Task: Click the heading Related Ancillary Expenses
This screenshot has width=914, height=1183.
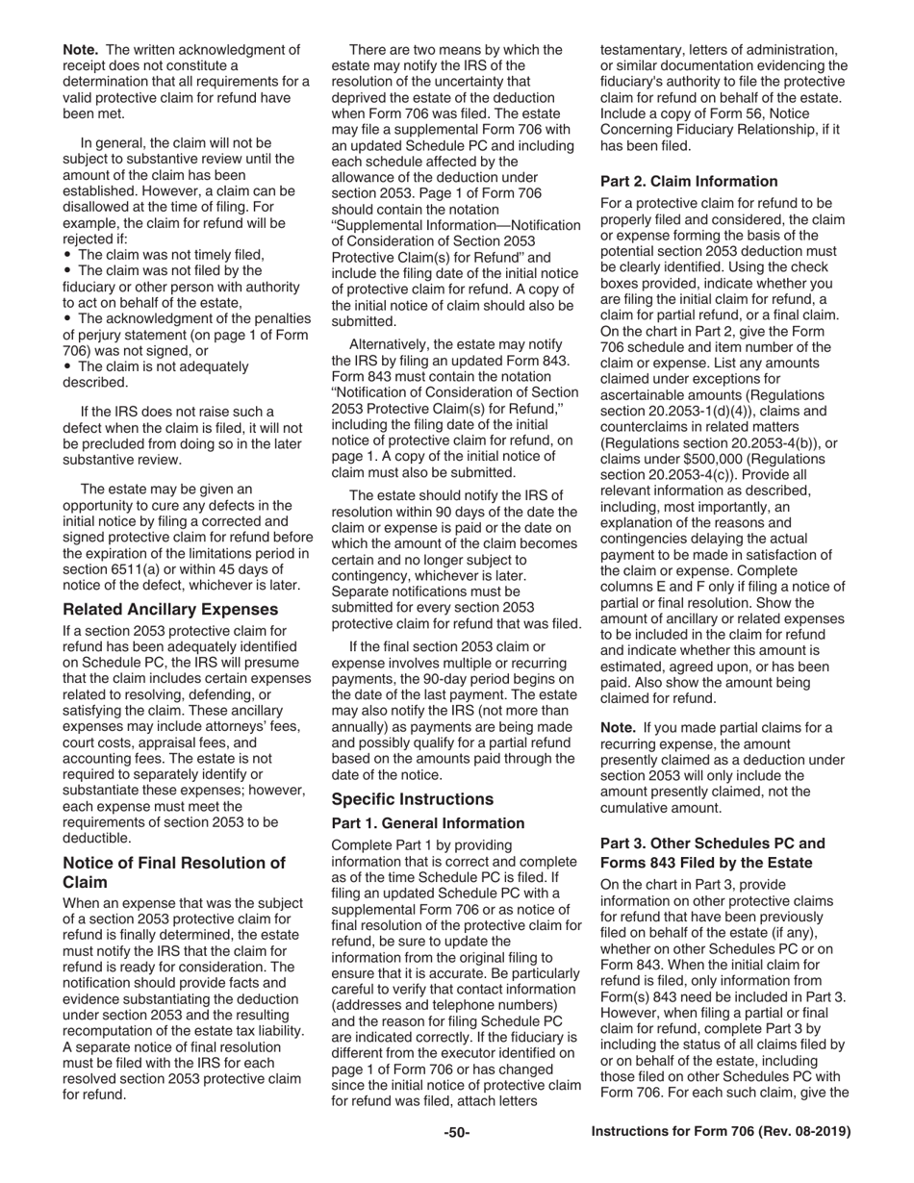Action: (170, 609)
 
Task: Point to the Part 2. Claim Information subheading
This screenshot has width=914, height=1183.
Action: (689, 181)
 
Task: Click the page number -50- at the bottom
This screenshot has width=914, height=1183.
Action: (456, 1132)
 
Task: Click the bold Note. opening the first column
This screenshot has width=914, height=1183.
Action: (82, 49)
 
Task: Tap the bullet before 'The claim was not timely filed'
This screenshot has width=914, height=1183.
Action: (67, 254)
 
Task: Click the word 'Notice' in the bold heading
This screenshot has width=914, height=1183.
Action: (87, 862)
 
